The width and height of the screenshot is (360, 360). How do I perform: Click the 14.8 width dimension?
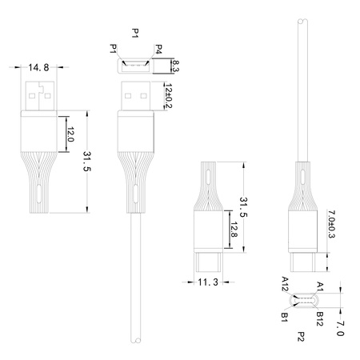39,68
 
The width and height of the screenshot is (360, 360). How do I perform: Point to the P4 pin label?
159,50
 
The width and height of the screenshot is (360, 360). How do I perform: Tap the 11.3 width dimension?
208,282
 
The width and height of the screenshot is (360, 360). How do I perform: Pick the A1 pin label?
320,284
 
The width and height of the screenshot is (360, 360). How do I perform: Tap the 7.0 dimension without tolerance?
340,327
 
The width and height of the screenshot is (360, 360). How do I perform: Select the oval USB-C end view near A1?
302,301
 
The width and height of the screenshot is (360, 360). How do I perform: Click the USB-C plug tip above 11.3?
207,262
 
